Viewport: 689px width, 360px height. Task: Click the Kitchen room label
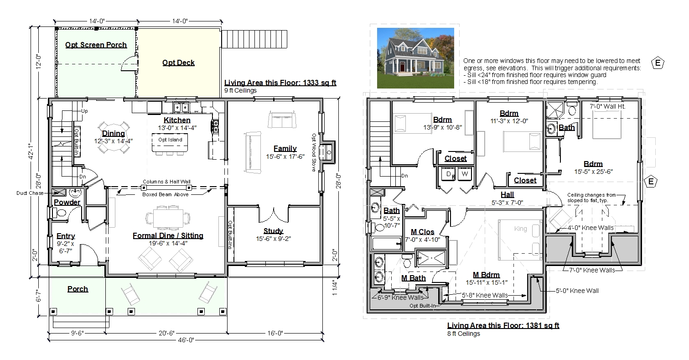click(x=177, y=120)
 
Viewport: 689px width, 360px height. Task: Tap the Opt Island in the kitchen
click(x=170, y=142)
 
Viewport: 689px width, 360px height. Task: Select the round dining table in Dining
click(x=114, y=137)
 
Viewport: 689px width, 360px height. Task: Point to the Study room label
click(x=273, y=231)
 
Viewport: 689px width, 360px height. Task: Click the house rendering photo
click(x=415, y=58)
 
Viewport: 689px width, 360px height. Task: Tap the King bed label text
click(x=520, y=229)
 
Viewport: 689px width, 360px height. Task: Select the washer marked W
click(x=465, y=174)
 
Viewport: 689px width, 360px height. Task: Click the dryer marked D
click(x=448, y=174)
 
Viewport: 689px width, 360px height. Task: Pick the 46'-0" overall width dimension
click(x=186, y=339)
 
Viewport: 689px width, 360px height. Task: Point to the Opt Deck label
click(x=178, y=63)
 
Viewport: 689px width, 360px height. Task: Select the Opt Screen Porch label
click(x=96, y=45)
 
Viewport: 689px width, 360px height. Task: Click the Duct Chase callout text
click(x=30, y=193)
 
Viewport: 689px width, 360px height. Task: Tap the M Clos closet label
click(x=423, y=232)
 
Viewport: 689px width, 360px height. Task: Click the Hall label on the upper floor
click(x=507, y=195)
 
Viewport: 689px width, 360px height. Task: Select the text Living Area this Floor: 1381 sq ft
click(x=503, y=325)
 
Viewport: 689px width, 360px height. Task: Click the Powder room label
click(x=67, y=203)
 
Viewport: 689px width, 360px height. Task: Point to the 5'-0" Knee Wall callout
click(x=577, y=291)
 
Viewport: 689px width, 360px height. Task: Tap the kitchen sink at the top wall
click(x=181, y=107)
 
